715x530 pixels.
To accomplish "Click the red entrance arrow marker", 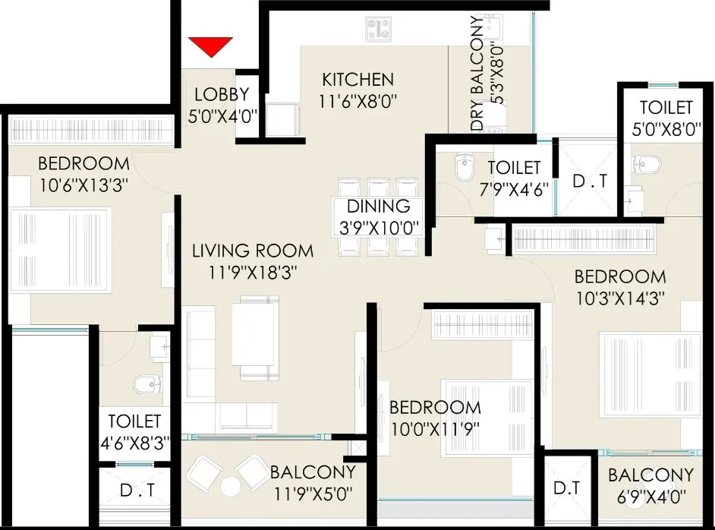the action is pos(211,46).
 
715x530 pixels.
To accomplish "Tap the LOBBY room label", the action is pos(222,94).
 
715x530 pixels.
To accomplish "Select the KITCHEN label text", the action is pos(358,80).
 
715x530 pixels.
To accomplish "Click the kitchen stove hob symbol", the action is pos(378,29).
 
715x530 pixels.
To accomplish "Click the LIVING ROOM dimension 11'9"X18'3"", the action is pos(253,273).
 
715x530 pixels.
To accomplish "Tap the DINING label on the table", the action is pos(379,207).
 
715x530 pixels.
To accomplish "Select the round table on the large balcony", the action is pos(231,487).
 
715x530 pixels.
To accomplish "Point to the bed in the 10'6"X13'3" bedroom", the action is pos(61,250).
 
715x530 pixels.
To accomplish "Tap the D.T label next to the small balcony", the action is pos(566,488).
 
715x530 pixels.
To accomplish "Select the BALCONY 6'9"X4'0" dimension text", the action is pos(651,497).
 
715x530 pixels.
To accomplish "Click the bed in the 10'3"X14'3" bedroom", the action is pos(650,375).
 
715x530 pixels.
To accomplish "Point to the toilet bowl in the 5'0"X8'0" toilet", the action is pos(647,165).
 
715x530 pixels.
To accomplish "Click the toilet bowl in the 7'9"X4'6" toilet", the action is pos(465,166).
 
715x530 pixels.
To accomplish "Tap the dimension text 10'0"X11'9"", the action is pos(435,429).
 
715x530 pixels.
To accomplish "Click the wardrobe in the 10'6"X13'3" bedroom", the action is pos(91,130).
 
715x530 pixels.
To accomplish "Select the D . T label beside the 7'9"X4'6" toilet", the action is pos(590,181).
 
